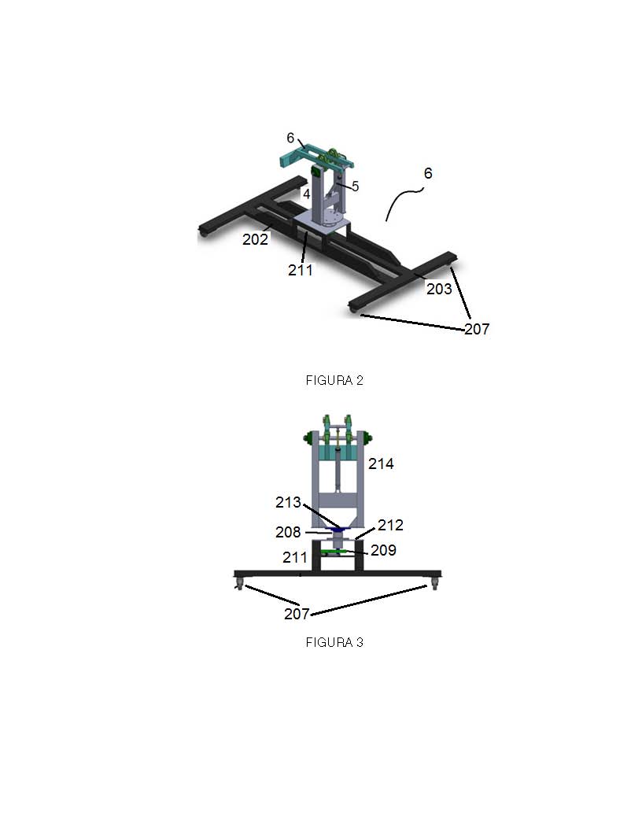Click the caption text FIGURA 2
[x=334, y=380]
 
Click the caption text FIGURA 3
[x=334, y=642]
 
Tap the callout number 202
[x=256, y=239]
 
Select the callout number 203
[x=439, y=289]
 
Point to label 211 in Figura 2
[x=301, y=270]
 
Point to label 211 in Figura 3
[x=295, y=557]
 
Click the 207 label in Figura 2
[x=477, y=329]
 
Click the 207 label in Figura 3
[x=297, y=614]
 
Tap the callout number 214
[x=381, y=464]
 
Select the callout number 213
[x=288, y=502]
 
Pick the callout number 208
[x=288, y=532]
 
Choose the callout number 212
[x=390, y=525]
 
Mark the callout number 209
[x=383, y=550]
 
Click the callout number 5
[x=355, y=187]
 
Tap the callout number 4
[x=306, y=194]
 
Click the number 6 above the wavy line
[x=428, y=173]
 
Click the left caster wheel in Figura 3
[x=239, y=585]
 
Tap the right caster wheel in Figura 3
[x=435, y=585]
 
